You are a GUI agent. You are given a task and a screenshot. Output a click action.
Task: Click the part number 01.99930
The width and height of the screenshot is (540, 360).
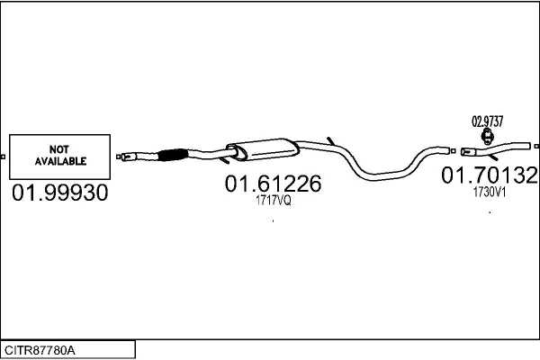(60, 193)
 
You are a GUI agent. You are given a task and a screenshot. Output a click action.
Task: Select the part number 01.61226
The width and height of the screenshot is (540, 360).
(273, 184)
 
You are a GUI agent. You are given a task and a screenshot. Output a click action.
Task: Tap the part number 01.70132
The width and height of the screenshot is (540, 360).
(490, 175)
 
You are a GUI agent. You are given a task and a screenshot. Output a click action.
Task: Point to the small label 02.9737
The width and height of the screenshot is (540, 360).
(487, 121)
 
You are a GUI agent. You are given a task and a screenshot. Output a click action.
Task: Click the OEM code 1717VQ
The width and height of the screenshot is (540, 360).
(273, 200)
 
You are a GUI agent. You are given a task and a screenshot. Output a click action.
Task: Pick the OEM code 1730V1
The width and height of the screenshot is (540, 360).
(490, 193)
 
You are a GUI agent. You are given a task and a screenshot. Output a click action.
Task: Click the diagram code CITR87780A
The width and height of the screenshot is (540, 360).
(40, 350)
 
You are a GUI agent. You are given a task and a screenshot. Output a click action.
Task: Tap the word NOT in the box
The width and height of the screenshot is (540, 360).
(58, 149)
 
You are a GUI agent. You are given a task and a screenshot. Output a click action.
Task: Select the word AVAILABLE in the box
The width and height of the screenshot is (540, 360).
(60, 161)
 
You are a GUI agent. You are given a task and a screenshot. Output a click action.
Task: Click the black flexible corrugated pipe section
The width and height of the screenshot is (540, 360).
(173, 155)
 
